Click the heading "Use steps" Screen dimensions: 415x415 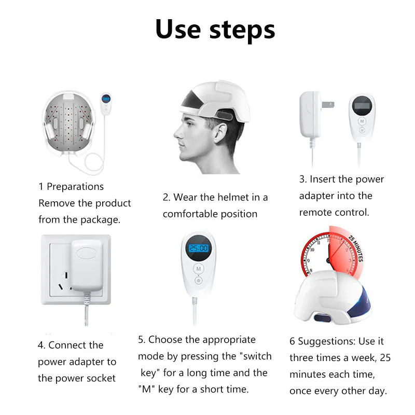215,30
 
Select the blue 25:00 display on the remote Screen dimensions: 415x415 199,248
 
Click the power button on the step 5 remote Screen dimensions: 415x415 199,280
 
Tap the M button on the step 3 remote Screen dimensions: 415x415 362,121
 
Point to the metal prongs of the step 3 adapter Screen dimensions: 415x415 328,105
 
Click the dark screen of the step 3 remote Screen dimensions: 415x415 362,106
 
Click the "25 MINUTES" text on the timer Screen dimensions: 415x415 355,248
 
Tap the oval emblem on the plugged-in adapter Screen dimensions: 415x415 86,253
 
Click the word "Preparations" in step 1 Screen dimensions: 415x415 75,187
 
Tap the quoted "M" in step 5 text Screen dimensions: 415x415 147,389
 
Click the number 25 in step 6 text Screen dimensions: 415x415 385,357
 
